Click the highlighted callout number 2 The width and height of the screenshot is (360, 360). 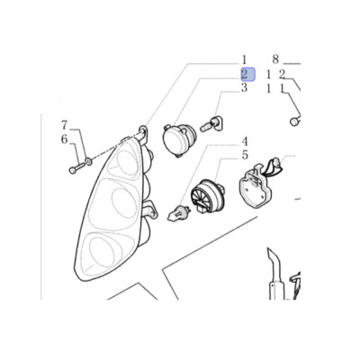click(x=247, y=75)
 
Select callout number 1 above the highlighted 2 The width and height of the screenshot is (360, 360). click(x=244, y=59)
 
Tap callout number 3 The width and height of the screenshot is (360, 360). click(x=245, y=88)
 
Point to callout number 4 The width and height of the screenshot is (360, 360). click(x=245, y=141)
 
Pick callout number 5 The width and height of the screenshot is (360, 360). click(x=245, y=156)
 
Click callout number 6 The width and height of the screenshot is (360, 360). click(x=65, y=139)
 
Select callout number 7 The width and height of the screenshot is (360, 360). click(x=65, y=125)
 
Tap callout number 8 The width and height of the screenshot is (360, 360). click(x=275, y=59)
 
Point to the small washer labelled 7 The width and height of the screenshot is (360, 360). click(x=89, y=162)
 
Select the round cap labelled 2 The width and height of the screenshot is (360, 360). click(x=179, y=139)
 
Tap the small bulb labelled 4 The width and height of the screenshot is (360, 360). click(x=178, y=212)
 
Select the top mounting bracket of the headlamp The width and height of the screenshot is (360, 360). click(x=143, y=132)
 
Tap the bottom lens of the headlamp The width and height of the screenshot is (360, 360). click(x=103, y=252)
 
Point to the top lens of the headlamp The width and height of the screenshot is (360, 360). click(x=127, y=160)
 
